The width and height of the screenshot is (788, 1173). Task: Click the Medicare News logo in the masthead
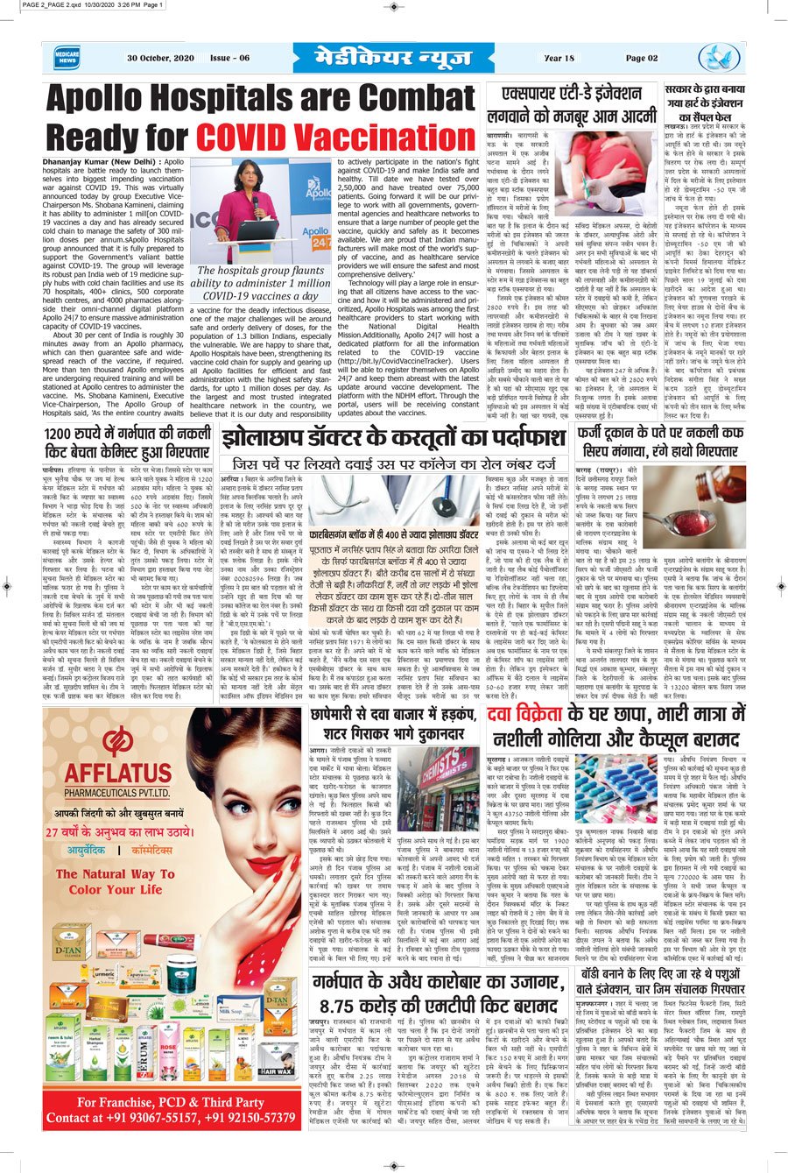65,58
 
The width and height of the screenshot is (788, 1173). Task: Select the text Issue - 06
229,59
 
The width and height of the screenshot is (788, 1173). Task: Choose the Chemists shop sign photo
446,792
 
